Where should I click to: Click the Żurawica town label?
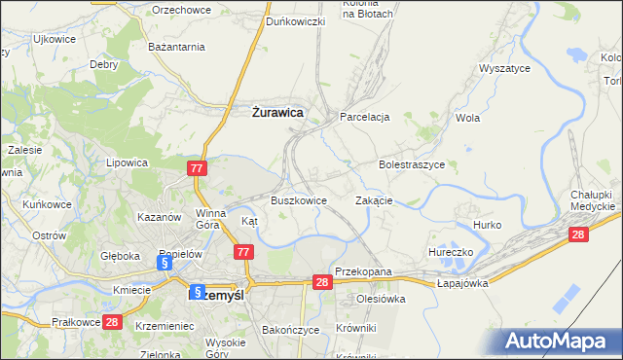[272, 113]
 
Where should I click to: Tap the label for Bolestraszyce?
[412, 165]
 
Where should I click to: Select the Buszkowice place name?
[298, 200]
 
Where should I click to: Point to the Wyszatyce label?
[503, 69]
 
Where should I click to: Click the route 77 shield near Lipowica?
[198, 168]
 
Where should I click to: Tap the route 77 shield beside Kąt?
[244, 252]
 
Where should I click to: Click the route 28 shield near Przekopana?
[324, 281]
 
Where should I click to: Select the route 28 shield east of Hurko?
[579, 234]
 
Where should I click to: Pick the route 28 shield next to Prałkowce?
[112, 322]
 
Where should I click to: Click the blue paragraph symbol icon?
[165, 263]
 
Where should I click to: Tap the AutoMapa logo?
[558, 342]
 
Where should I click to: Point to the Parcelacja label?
[364, 117]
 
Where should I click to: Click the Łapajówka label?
[461, 284]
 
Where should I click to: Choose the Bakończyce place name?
[291, 330]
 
